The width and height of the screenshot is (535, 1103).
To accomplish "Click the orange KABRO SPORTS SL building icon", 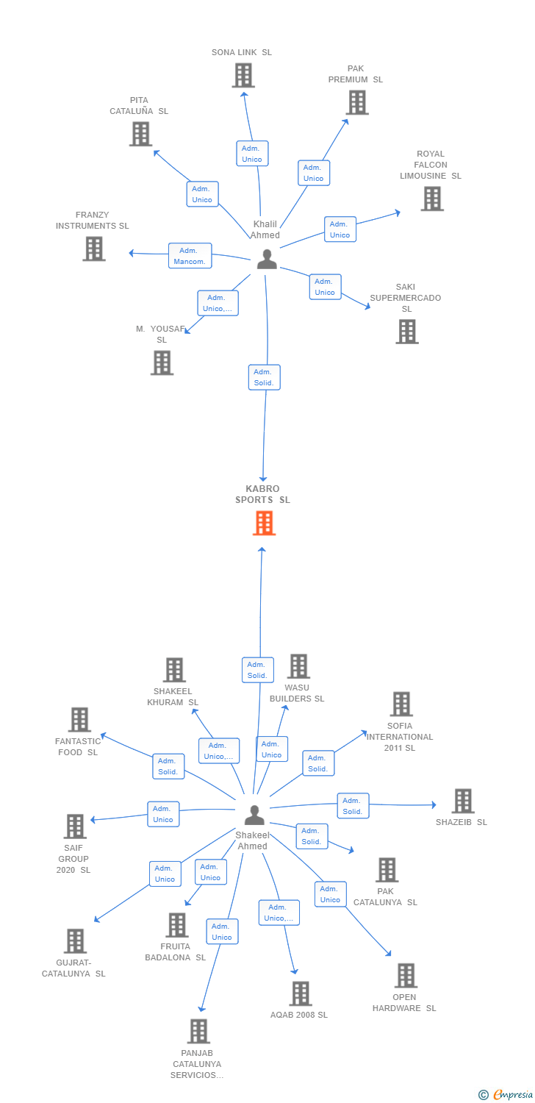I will tap(264, 523).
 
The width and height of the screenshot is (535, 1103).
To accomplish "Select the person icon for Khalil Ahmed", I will tap(267, 259).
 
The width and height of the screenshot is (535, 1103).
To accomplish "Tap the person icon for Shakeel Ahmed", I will tap(254, 815).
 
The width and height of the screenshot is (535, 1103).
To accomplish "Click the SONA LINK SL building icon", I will tap(243, 75).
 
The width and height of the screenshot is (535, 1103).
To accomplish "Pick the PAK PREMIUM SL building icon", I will tap(357, 102).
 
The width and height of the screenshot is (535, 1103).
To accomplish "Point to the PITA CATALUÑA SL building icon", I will tap(140, 134).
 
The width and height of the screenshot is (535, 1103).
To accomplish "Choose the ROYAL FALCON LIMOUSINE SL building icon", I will tap(432, 199).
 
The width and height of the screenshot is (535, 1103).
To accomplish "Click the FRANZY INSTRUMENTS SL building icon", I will tap(93, 249).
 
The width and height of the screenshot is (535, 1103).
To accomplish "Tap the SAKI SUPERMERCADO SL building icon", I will tap(407, 332).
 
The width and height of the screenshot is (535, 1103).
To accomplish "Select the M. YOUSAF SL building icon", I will tap(162, 363).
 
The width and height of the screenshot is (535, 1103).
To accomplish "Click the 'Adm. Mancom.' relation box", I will tap(190, 256).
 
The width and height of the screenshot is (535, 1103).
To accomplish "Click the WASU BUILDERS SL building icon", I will tap(298, 666).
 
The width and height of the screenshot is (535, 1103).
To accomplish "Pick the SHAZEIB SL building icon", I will tap(462, 801).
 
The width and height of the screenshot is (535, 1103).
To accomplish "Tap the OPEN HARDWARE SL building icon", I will tap(406, 975).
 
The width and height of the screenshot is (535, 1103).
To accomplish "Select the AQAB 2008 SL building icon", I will tap(300, 993).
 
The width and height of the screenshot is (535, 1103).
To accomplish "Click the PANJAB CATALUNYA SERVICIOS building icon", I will tap(198, 1031).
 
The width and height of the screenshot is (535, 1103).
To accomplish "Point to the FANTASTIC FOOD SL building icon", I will tap(79, 720).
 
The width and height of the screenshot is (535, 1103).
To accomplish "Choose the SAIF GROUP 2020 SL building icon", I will tap(75, 827).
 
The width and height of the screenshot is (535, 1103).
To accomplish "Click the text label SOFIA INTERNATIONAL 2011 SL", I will tap(400, 737).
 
